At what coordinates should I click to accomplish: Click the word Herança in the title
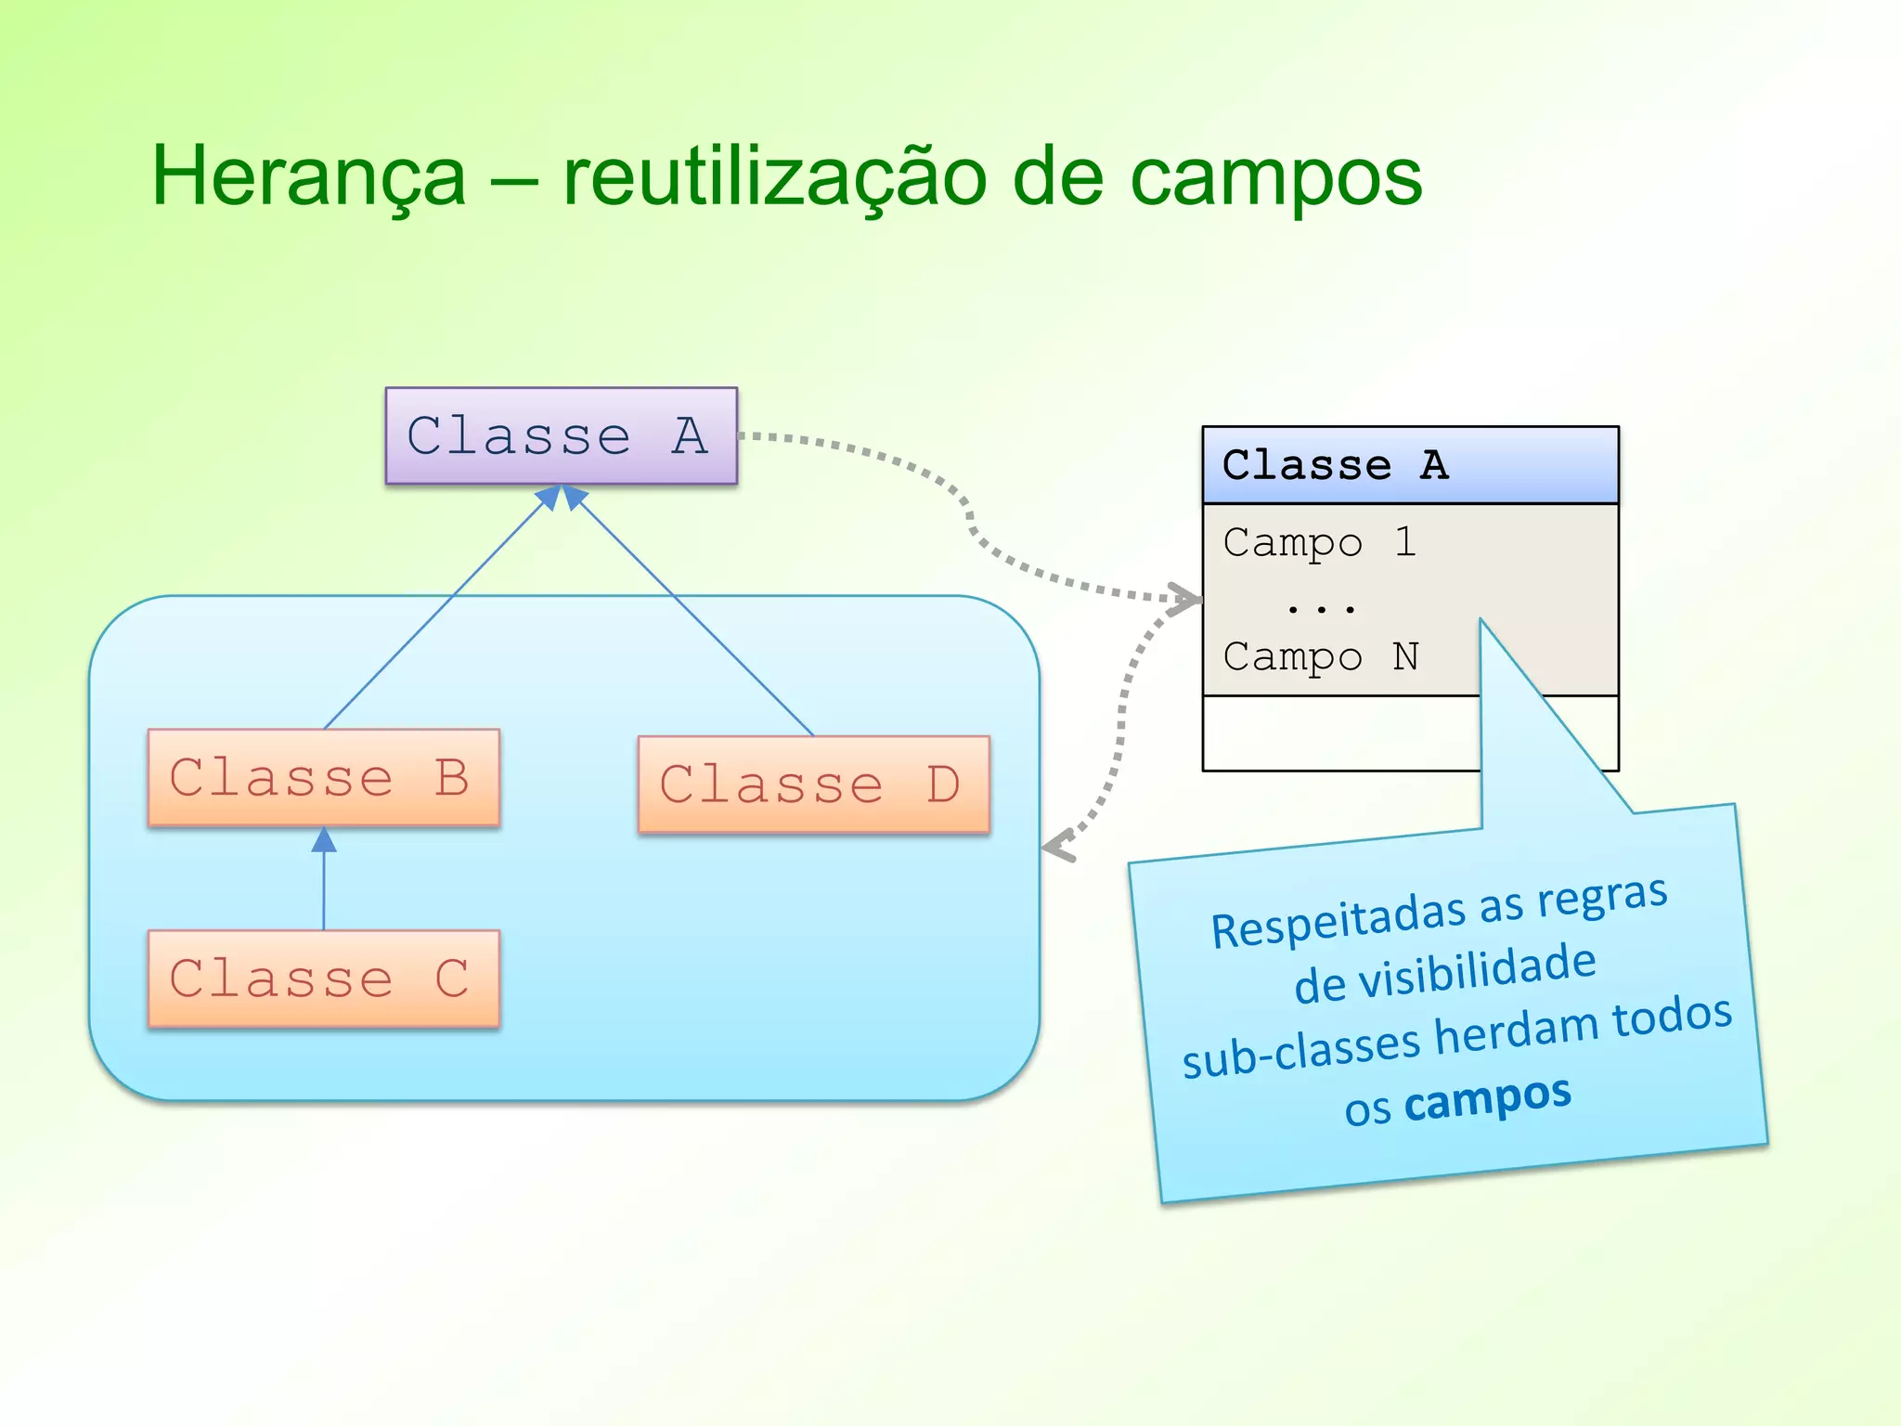click(308, 176)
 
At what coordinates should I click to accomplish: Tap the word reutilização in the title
click(774, 176)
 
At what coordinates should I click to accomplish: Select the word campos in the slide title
click(1275, 178)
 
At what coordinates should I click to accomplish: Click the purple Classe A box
click(561, 435)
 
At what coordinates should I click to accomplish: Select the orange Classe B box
click(323, 777)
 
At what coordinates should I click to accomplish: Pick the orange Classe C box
click(323, 979)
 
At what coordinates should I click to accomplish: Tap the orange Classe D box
click(813, 784)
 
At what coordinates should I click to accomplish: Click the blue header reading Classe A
click(1409, 465)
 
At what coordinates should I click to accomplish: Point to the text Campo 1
click(1319, 542)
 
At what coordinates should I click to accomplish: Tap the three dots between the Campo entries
click(1321, 609)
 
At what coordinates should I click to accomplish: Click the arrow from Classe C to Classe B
click(324, 877)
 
